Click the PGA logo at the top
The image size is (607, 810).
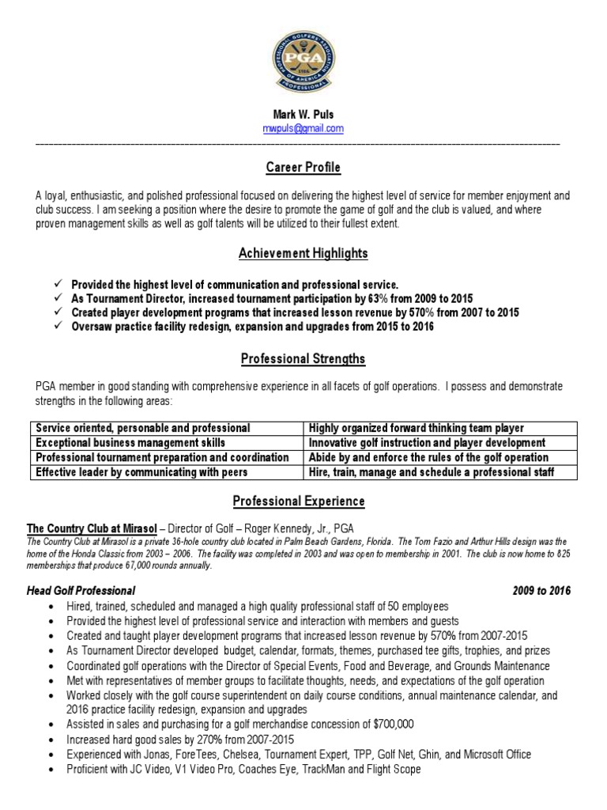(x=303, y=61)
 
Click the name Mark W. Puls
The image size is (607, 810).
(x=303, y=115)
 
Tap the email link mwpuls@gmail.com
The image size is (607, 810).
(x=303, y=128)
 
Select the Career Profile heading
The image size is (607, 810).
(x=303, y=168)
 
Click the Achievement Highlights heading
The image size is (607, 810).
(x=303, y=254)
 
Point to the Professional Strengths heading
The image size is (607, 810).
(x=303, y=359)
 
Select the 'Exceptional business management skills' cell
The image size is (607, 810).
(x=130, y=443)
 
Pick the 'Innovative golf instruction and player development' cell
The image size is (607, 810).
(x=427, y=443)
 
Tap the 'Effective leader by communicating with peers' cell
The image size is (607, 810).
(x=141, y=472)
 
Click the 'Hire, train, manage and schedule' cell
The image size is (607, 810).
(x=431, y=472)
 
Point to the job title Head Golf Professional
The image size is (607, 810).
(x=81, y=591)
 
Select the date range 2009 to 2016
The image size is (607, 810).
(x=541, y=591)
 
